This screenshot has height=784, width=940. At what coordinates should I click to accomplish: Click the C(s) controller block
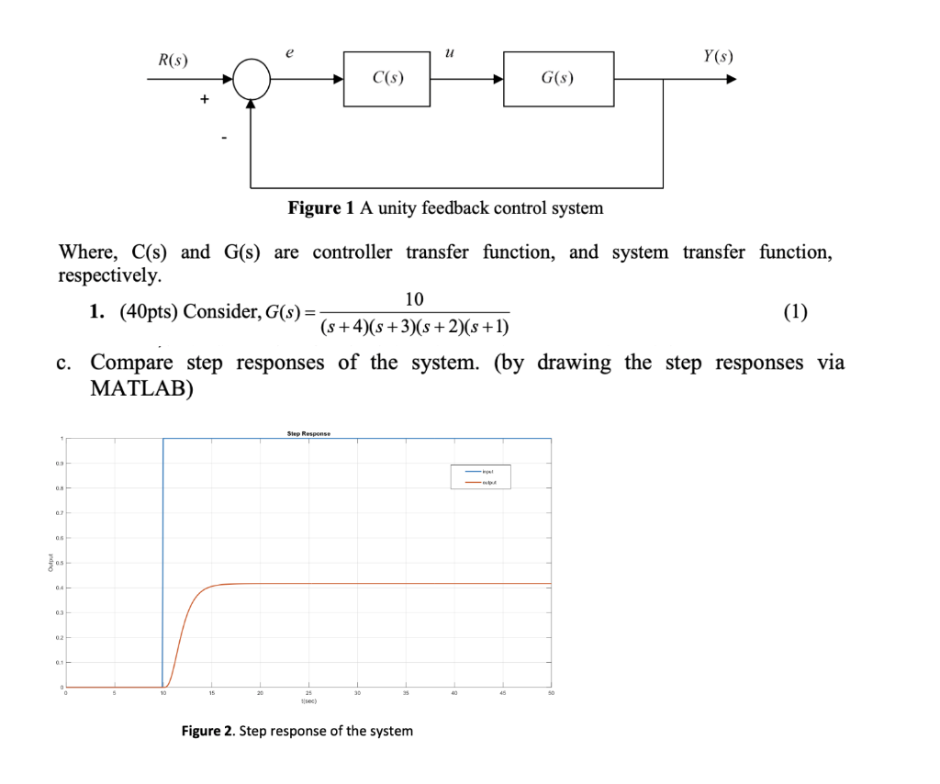click(387, 79)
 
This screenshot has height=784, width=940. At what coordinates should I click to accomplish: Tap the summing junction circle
click(252, 80)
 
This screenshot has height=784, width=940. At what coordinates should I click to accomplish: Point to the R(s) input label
click(173, 61)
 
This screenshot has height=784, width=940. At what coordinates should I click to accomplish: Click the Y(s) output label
click(717, 57)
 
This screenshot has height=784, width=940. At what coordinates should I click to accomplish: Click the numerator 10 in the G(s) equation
click(415, 298)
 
